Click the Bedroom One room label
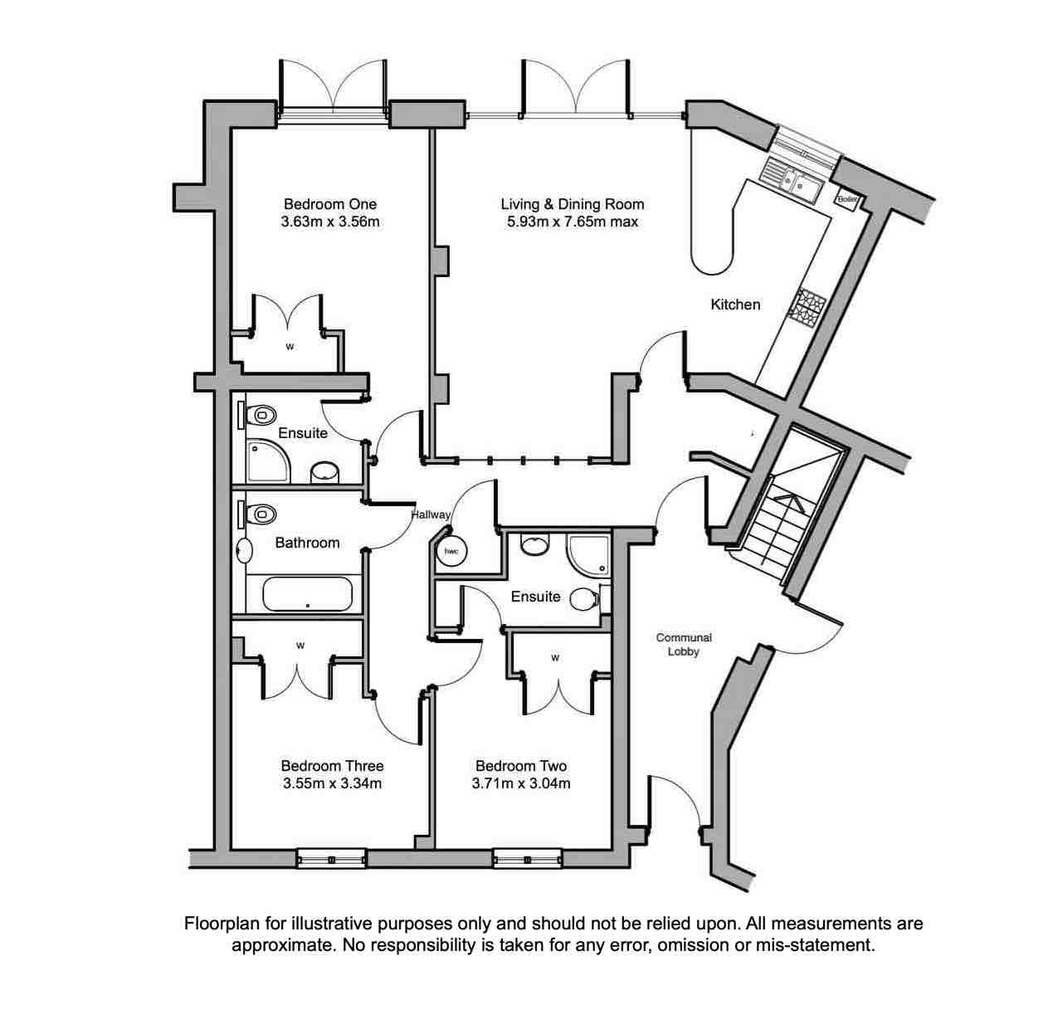(x=329, y=204)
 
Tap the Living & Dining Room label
(x=572, y=204)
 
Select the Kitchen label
(x=734, y=305)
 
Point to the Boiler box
(x=846, y=199)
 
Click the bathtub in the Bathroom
(x=308, y=594)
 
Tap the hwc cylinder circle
(x=452, y=552)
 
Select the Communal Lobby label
(x=684, y=644)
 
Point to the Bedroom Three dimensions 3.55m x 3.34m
(x=332, y=783)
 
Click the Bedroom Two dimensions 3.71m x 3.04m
(x=521, y=783)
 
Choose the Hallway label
(x=431, y=514)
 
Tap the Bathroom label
(x=307, y=543)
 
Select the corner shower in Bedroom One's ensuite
(x=267, y=461)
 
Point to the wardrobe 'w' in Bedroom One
(x=290, y=347)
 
